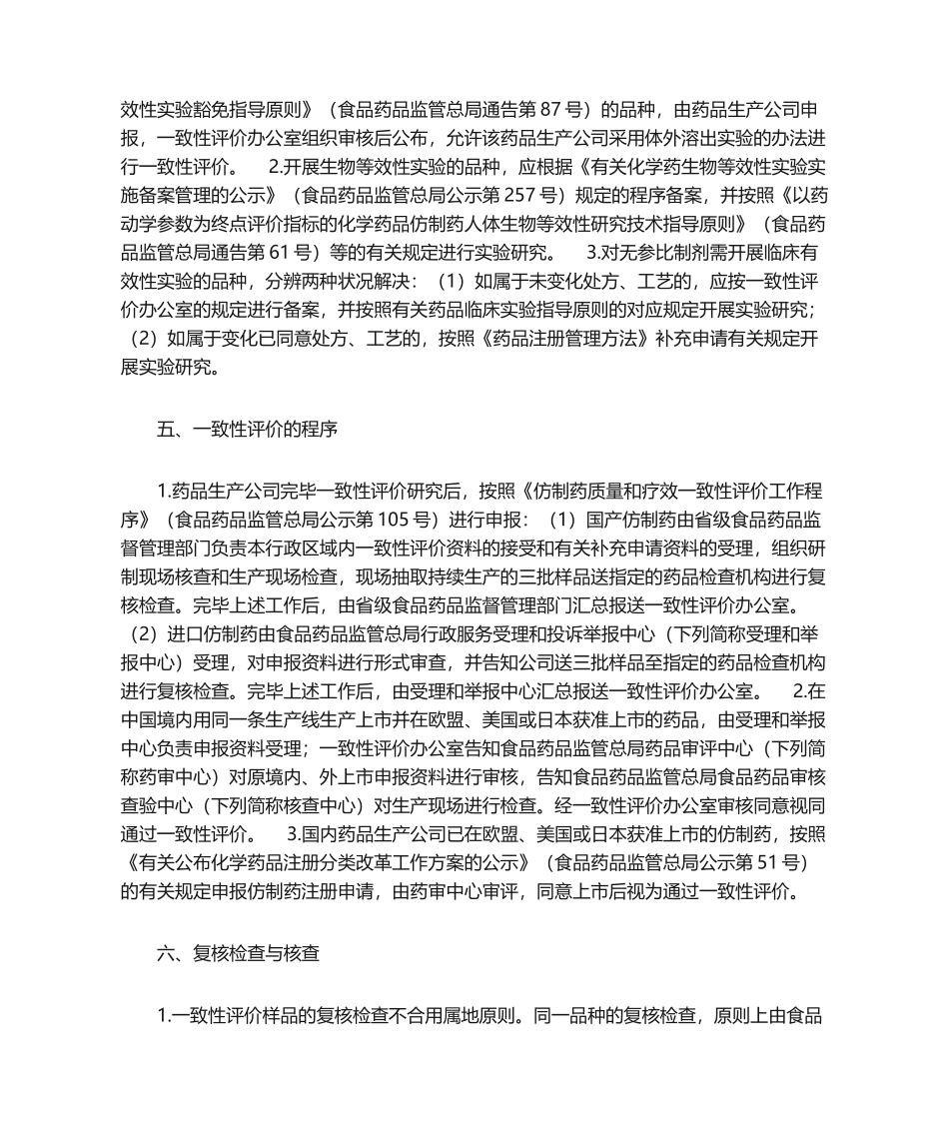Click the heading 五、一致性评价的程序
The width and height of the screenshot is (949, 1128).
pyautogui.click(x=248, y=432)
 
